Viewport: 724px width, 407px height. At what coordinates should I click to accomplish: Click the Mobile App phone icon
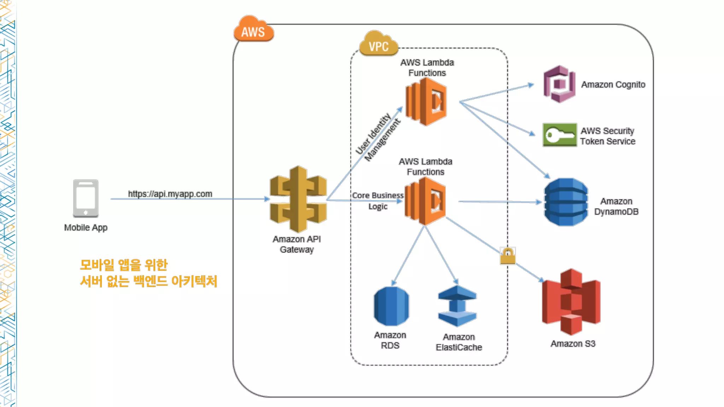point(86,198)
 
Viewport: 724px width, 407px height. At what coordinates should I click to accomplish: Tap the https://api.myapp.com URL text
point(170,194)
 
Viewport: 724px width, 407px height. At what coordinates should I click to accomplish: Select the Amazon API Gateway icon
point(298,199)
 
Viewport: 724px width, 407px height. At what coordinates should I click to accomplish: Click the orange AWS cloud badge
point(253,29)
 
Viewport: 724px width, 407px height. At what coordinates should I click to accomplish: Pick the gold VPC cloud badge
point(379,43)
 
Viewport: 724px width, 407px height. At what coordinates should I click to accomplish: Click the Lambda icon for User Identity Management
point(426,102)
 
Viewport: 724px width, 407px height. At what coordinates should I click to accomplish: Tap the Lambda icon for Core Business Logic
point(425,201)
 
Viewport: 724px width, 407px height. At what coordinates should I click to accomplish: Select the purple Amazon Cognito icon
point(559,84)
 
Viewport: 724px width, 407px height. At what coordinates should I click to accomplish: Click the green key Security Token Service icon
point(560,135)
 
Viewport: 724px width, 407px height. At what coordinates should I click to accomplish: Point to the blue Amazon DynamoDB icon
point(566,202)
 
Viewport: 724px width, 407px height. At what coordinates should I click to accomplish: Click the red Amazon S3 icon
point(571,302)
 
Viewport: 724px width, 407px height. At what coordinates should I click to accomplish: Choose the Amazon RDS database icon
point(391,306)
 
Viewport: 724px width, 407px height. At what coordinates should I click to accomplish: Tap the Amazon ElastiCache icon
point(457,306)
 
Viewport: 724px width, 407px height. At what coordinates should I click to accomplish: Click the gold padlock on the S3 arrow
point(508,256)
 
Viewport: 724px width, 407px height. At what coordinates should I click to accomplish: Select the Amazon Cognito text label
point(613,84)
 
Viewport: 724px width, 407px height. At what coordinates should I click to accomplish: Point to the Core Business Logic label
point(378,201)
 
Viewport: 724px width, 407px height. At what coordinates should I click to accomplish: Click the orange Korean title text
point(148,273)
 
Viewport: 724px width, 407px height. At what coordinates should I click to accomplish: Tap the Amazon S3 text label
point(573,344)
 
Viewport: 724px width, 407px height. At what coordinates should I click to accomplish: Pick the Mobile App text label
point(86,228)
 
